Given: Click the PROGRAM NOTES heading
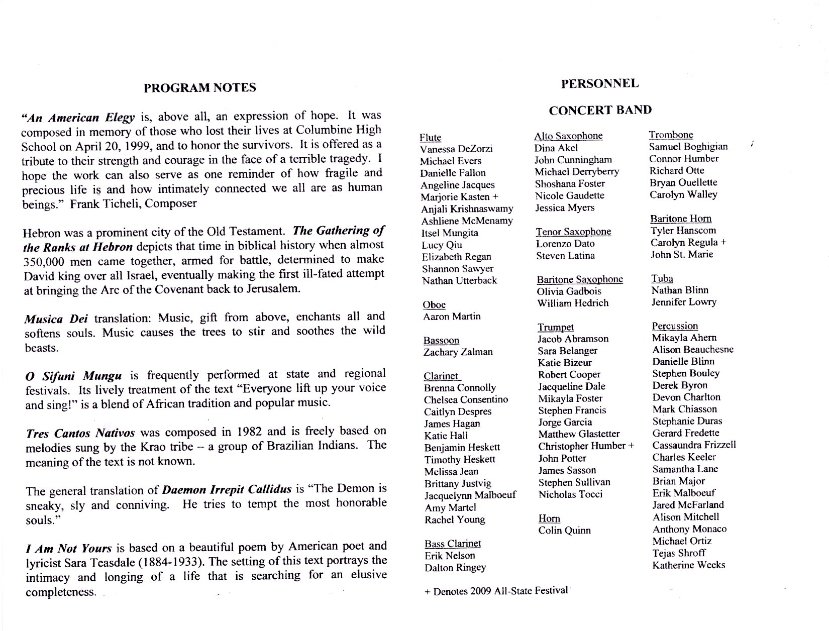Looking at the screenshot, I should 199,88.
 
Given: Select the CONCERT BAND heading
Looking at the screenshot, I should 600,110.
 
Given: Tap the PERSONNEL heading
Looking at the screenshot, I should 599,83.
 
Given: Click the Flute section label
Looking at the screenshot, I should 430,137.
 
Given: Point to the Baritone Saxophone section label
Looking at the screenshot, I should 579,279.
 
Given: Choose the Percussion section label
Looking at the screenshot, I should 675,326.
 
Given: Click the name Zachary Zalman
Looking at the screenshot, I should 458,352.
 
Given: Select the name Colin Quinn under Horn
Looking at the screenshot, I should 564,531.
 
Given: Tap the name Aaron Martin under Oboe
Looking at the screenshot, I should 452,317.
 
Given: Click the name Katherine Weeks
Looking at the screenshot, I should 688,565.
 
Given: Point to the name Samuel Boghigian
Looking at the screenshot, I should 688,147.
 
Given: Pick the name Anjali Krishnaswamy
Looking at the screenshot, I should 467,208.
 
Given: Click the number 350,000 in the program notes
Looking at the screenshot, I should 45,262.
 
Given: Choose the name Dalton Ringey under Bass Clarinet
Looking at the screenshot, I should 455,568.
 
